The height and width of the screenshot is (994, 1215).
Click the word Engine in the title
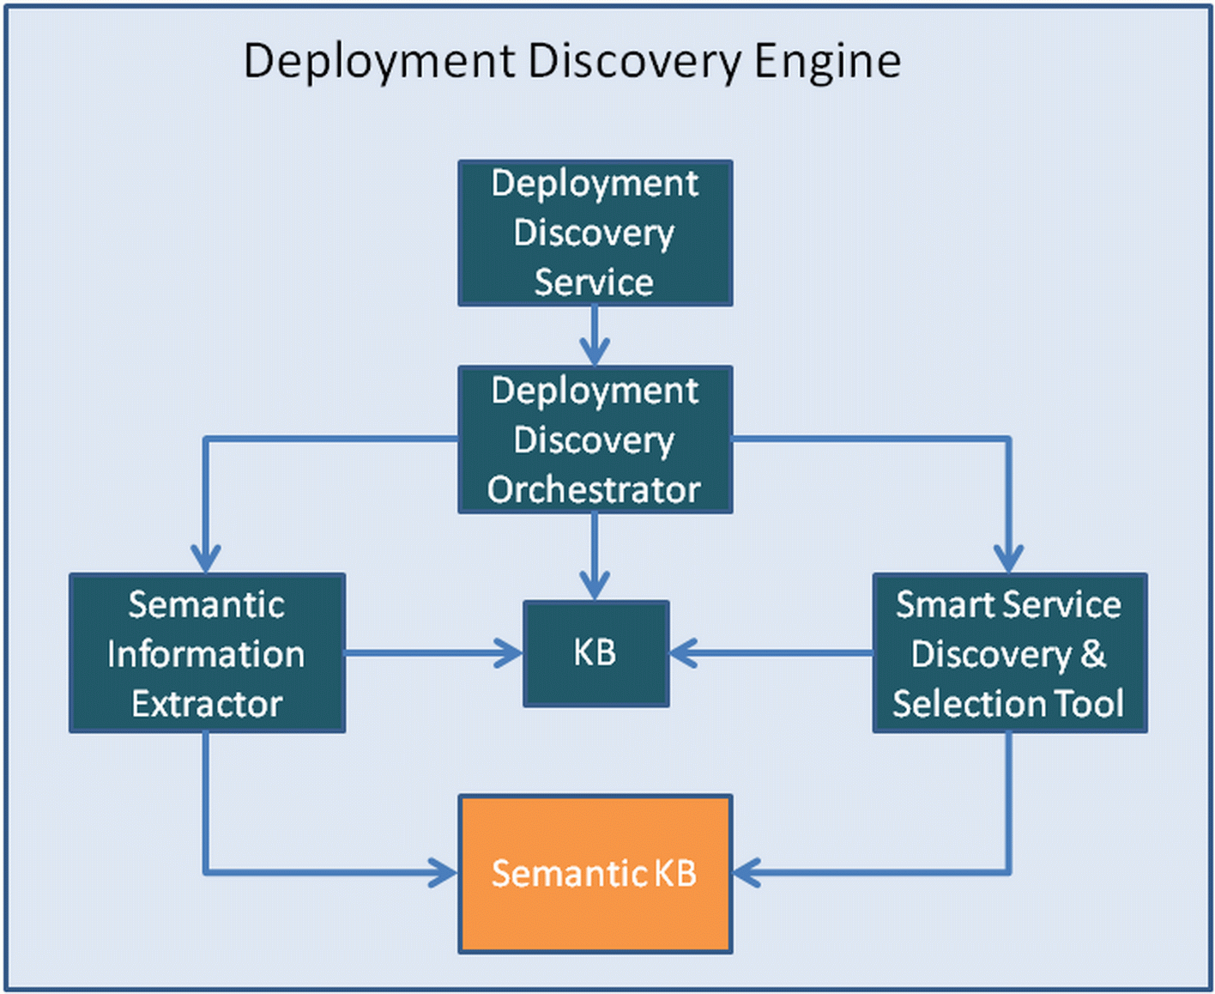coord(827,62)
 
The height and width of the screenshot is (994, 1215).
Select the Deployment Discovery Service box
coord(595,233)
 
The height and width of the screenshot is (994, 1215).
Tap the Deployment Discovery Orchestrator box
coord(595,439)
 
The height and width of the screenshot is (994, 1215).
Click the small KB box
coord(595,653)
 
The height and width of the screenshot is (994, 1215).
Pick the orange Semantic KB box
coord(595,873)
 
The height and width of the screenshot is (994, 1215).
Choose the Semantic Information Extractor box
coord(207,653)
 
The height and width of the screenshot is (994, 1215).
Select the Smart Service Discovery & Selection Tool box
coord(1009,653)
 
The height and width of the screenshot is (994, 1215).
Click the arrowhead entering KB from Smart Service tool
coord(683,653)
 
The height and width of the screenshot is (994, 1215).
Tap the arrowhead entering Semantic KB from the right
coord(747,873)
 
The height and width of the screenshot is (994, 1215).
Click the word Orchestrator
coord(594,490)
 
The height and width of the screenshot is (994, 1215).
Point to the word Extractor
coord(207,704)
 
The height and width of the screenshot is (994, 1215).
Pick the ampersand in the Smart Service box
coord(1092,654)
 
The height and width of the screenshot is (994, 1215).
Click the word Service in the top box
coord(594,282)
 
